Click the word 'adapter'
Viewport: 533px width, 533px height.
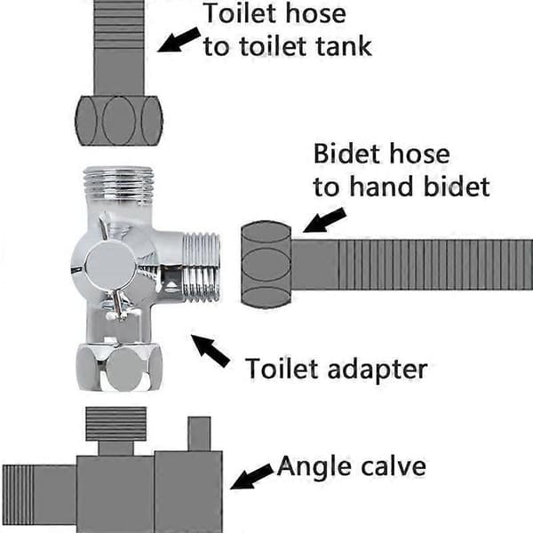coord(378,370)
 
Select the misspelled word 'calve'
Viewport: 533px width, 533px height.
coord(393,466)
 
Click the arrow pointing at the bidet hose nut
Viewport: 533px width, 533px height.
coord(324,220)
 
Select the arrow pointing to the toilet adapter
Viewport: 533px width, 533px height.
coord(211,351)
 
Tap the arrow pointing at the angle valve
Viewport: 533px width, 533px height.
coord(252,476)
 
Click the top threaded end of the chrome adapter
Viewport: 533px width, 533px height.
coord(118,185)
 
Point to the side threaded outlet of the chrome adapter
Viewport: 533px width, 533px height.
coord(202,266)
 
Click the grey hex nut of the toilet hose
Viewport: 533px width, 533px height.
coord(119,121)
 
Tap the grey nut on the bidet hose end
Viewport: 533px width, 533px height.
coord(266,265)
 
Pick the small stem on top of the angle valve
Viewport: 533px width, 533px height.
coord(199,434)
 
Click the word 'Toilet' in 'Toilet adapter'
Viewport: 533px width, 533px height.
coord(282,368)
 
